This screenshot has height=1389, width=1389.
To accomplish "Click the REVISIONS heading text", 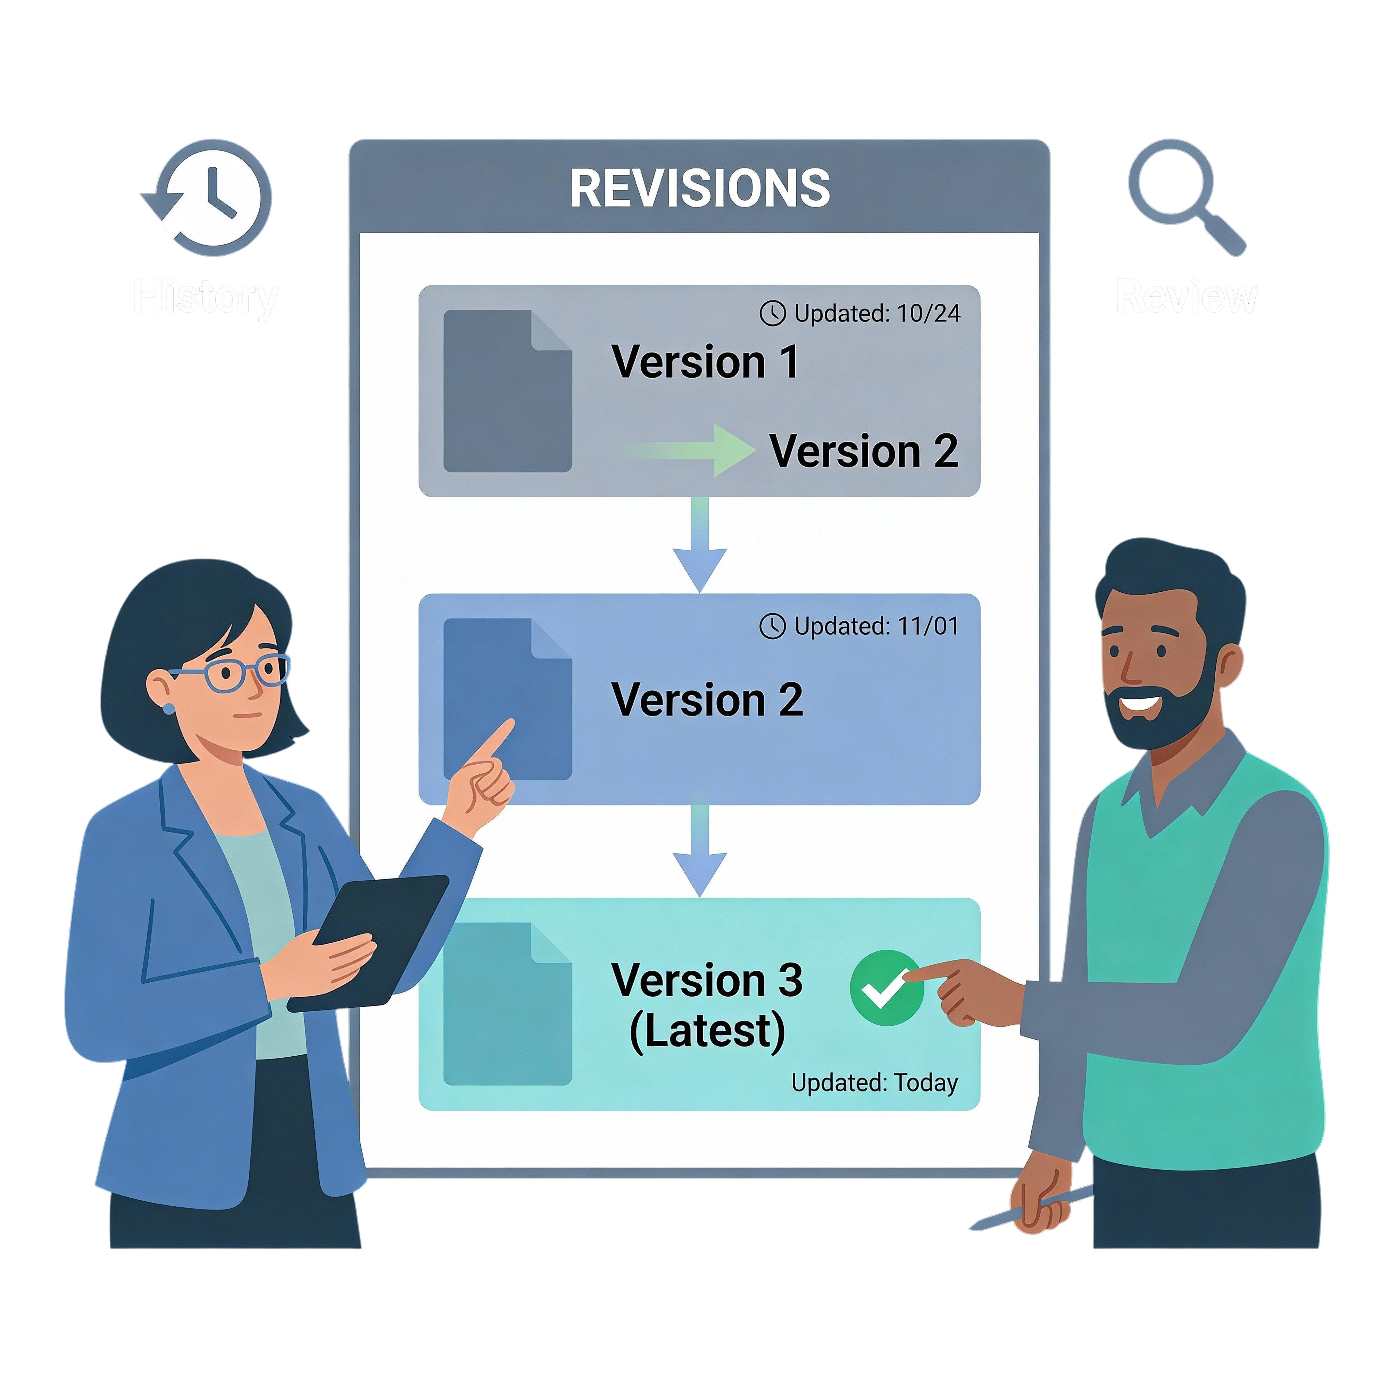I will point(699,188).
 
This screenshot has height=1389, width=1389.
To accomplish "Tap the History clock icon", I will point(210,198).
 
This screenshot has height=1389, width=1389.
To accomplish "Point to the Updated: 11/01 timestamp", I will point(860,626).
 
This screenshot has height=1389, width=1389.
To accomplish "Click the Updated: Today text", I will point(874,1083).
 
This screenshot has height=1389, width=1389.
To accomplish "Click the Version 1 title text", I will point(705,361).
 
